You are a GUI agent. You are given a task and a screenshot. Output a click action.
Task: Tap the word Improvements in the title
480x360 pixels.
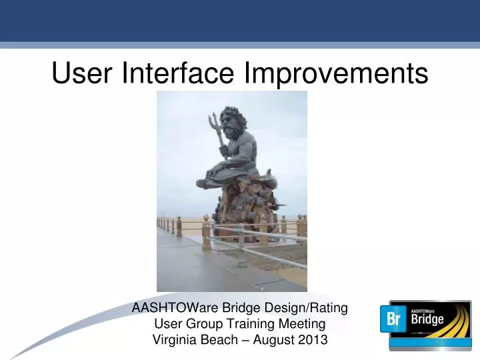point(336,73)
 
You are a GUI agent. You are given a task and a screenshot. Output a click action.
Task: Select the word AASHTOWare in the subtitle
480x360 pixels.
point(171,308)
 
